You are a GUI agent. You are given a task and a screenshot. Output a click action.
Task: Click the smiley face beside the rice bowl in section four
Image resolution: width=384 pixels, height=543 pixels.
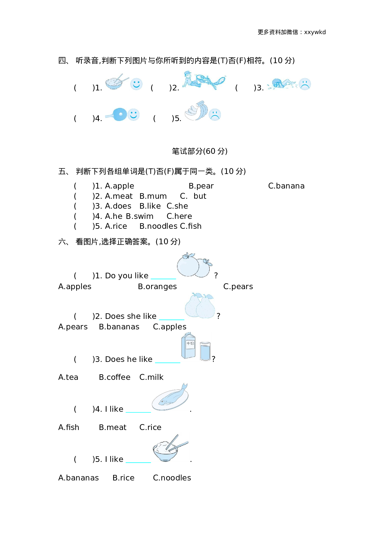pyautogui.click(x=136, y=84)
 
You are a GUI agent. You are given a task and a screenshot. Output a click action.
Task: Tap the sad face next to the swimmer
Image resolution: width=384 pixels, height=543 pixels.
pyautogui.click(x=305, y=84)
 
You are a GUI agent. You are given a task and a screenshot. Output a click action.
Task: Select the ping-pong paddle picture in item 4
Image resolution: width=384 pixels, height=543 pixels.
pyautogui.click(x=116, y=115)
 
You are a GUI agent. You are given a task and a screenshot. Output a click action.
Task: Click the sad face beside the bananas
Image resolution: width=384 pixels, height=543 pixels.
pyautogui.click(x=215, y=115)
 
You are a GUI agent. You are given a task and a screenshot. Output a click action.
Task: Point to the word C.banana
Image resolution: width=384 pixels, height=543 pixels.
pyautogui.click(x=286, y=186)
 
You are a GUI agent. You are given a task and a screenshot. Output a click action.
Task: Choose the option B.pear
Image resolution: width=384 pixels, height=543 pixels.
pyautogui.click(x=201, y=186)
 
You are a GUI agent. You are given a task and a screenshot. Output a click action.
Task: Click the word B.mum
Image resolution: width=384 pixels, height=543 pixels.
pyautogui.click(x=153, y=196)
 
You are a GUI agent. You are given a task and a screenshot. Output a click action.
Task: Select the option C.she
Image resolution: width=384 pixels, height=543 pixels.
pyautogui.click(x=177, y=206)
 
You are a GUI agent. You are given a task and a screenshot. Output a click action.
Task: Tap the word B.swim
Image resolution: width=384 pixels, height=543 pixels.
pyautogui.click(x=139, y=216)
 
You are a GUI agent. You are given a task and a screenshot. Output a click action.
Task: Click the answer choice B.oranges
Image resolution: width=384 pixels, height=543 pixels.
pyautogui.click(x=157, y=287)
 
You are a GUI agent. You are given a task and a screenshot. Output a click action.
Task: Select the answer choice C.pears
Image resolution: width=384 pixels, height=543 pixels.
pyautogui.click(x=238, y=287)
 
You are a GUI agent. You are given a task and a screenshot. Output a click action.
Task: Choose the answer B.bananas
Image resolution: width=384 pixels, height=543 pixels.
pyautogui.click(x=119, y=327)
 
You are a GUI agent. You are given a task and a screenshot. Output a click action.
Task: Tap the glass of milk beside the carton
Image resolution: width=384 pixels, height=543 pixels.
pyautogui.click(x=205, y=351)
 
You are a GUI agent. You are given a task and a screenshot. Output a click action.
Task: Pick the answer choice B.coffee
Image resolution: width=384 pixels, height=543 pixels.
pyautogui.click(x=115, y=377)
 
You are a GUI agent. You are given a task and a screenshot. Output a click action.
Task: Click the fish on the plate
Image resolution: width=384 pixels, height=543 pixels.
pyautogui.click(x=170, y=397)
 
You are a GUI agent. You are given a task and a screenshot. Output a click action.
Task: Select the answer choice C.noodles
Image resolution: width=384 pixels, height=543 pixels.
pyautogui.click(x=172, y=478)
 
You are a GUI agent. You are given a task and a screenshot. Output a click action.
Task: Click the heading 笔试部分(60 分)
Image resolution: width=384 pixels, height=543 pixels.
pyautogui.click(x=199, y=151)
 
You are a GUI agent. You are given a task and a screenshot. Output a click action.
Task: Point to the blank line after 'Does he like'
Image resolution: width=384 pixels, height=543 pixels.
pyautogui.click(x=168, y=361)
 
